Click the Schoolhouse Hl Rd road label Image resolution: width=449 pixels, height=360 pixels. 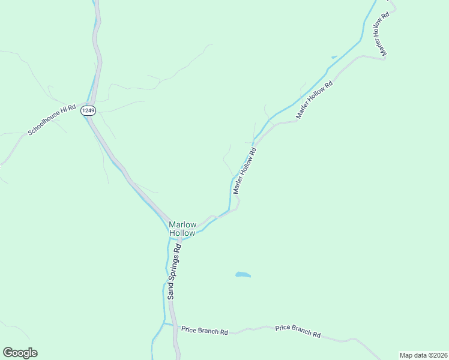click(x=52, y=119)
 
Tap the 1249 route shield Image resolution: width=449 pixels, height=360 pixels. click(x=88, y=110)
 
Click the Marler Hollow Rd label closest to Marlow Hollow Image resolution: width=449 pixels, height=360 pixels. click(x=245, y=170)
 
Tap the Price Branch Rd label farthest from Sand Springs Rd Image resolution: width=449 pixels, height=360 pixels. click(x=298, y=331)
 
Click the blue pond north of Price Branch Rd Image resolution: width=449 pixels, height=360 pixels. click(x=243, y=275)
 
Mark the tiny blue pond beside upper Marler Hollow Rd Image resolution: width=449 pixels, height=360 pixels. click(x=334, y=57)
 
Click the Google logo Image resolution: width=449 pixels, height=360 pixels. click(x=20, y=353)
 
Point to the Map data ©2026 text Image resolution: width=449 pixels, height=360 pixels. click(x=423, y=355)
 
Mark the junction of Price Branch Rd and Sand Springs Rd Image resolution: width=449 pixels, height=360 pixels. click(x=172, y=325)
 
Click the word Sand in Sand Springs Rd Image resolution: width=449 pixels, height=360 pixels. click(x=170, y=291)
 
